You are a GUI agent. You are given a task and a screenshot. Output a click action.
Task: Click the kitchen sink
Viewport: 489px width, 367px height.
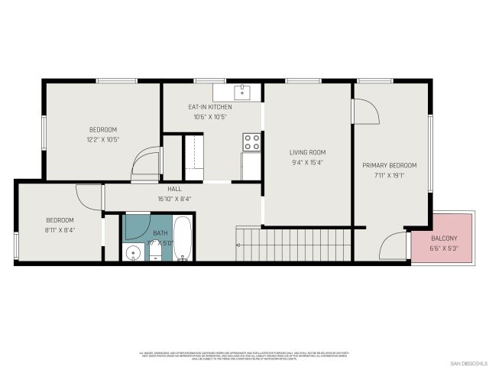243,92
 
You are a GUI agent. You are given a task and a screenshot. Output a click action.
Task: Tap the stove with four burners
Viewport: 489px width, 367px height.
251,142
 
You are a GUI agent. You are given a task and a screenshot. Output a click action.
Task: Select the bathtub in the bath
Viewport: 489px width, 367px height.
183,239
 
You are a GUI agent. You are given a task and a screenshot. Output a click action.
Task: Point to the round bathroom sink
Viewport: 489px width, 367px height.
132,252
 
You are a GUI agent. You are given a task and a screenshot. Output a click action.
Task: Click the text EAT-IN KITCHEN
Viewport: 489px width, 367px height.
210,107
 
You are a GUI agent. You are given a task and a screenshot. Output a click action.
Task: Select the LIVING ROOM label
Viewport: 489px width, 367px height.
307,152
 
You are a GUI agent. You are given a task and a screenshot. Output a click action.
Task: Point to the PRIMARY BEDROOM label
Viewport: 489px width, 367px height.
390,166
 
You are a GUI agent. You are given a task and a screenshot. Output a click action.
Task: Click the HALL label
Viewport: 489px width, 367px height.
174,188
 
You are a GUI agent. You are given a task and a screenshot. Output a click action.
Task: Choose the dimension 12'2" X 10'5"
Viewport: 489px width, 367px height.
103,139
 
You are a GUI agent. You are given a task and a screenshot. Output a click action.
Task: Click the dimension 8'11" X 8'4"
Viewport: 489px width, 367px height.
60,229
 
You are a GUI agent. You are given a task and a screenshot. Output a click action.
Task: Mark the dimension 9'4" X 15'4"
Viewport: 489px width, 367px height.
307,162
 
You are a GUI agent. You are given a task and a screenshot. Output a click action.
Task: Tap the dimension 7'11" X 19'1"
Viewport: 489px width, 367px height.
390,176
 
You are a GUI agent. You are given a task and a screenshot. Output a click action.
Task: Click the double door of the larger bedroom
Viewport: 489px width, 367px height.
144,163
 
